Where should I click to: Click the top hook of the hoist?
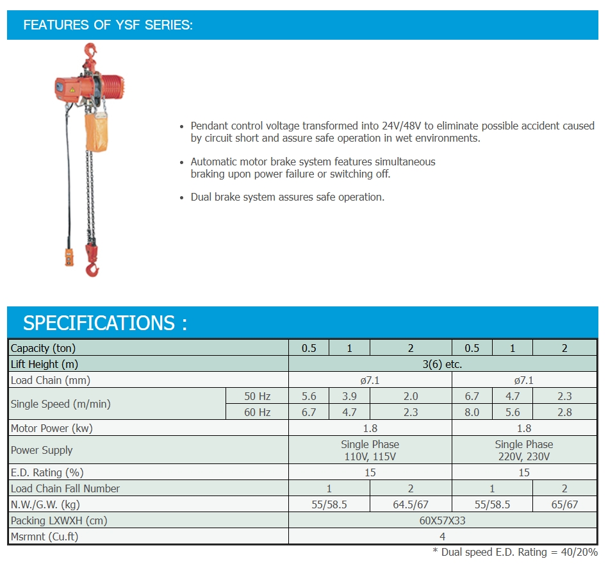point(90,51)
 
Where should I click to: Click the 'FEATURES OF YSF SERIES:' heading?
point(108,25)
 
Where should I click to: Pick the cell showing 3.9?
point(349,396)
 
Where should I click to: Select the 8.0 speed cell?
point(472,412)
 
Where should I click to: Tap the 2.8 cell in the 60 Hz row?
point(564,412)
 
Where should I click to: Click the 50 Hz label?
point(257,396)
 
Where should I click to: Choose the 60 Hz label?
point(257,412)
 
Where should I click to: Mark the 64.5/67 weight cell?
point(410,504)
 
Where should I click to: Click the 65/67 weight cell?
point(564,504)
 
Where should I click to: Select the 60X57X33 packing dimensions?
point(442,520)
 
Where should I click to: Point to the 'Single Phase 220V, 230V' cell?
point(523,450)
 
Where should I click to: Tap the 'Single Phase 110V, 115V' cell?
point(370,450)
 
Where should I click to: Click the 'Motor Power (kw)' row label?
point(52,428)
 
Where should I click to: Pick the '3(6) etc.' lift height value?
point(442,364)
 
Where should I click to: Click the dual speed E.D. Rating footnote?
point(515,552)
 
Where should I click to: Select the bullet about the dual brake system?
point(288,197)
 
